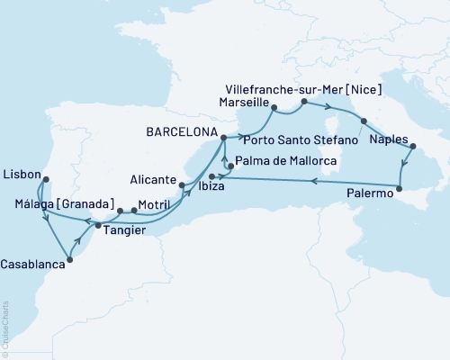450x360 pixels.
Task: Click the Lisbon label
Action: [x=21, y=169]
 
